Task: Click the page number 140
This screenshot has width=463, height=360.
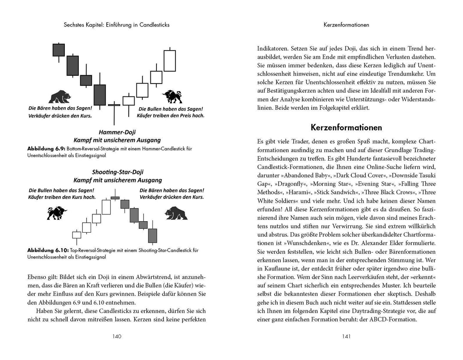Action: coord(117,336)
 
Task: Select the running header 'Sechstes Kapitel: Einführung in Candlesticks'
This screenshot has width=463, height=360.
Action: coord(114,25)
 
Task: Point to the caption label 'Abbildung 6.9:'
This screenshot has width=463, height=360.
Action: coord(45,148)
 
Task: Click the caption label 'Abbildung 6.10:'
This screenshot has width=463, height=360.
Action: coord(46,250)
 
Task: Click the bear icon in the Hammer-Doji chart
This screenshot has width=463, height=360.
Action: coord(60,97)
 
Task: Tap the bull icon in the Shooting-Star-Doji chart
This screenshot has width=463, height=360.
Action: coord(56,213)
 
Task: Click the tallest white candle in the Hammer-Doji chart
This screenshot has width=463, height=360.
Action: coord(170,60)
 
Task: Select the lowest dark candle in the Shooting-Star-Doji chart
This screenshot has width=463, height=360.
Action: coord(153,235)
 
